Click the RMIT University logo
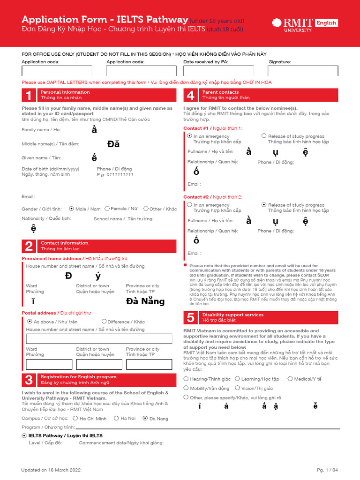point(304,24)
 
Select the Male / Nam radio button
point(71,209)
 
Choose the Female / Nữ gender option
point(107,209)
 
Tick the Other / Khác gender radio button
point(146,209)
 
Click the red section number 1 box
point(29,95)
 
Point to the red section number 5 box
point(190,318)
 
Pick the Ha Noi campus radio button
point(116,418)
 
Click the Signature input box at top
point(303,71)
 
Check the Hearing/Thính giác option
point(187,379)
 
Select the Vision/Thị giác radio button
point(237,388)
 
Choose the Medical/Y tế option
point(290,379)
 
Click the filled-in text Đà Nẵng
point(145,301)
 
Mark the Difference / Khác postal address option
point(104,322)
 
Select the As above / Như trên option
point(30,322)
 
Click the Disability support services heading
point(232,315)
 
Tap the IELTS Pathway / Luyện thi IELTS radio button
point(24,435)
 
